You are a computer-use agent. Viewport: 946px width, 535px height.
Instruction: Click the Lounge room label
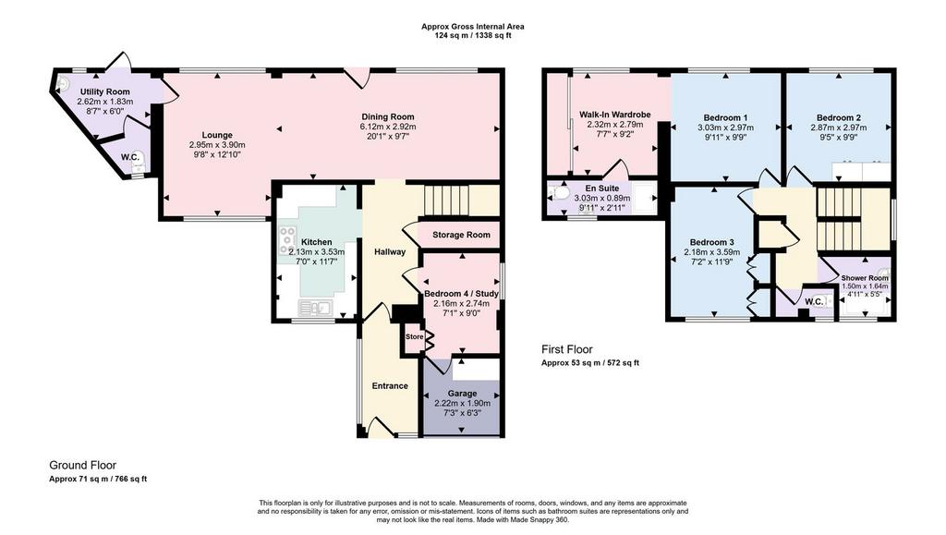(217, 135)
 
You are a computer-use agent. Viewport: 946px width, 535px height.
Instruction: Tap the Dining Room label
(388, 117)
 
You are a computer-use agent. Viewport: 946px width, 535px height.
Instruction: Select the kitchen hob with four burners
(285, 240)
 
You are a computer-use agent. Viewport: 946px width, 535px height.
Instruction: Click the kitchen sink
(316, 309)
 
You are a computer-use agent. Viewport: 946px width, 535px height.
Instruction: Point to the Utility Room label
(105, 91)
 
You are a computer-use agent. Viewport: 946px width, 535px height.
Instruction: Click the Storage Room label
(461, 235)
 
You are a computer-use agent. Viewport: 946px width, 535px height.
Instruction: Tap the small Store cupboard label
(414, 336)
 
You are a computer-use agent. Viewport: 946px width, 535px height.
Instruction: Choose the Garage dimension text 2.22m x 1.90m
(462, 404)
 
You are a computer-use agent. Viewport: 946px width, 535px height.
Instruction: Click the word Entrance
(390, 386)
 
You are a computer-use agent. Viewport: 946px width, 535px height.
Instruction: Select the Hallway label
(390, 251)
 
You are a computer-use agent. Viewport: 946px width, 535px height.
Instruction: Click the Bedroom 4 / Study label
(462, 294)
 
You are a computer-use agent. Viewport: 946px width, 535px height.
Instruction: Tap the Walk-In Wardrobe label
(614, 115)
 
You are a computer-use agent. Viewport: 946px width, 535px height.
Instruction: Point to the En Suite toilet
(559, 194)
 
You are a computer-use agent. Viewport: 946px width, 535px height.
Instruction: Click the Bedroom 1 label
(725, 117)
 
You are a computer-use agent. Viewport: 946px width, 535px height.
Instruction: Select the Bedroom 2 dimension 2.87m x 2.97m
(839, 128)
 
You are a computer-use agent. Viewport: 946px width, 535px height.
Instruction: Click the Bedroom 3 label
(712, 242)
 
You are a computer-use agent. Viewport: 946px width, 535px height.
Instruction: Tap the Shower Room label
(865, 278)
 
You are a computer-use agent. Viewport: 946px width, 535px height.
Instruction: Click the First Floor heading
(566, 349)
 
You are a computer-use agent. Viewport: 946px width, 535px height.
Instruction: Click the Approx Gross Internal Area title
(473, 27)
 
